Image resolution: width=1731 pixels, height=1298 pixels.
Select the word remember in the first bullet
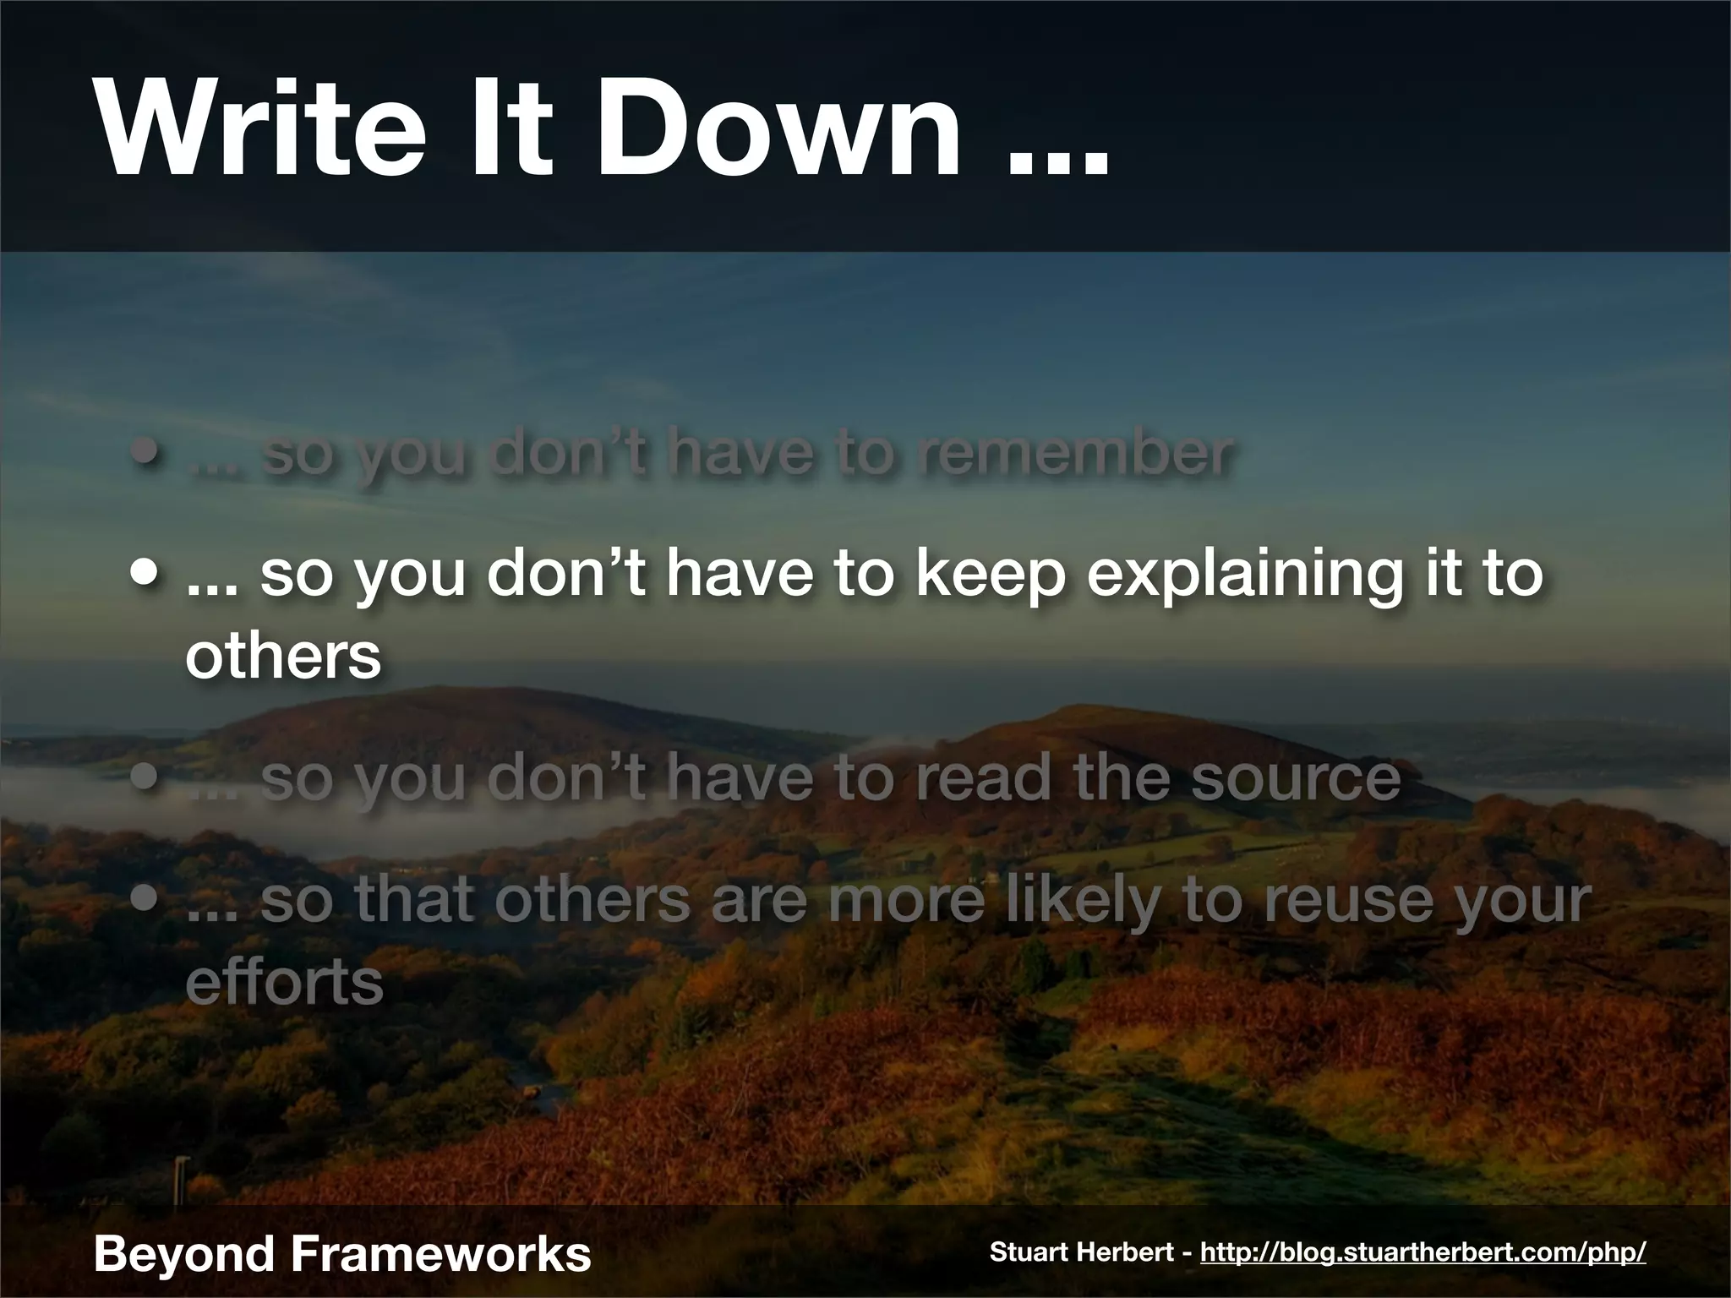[1074, 454]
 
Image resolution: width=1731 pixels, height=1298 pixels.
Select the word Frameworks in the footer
[440, 1253]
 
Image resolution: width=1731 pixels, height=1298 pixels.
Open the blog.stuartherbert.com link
[1422, 1252]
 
